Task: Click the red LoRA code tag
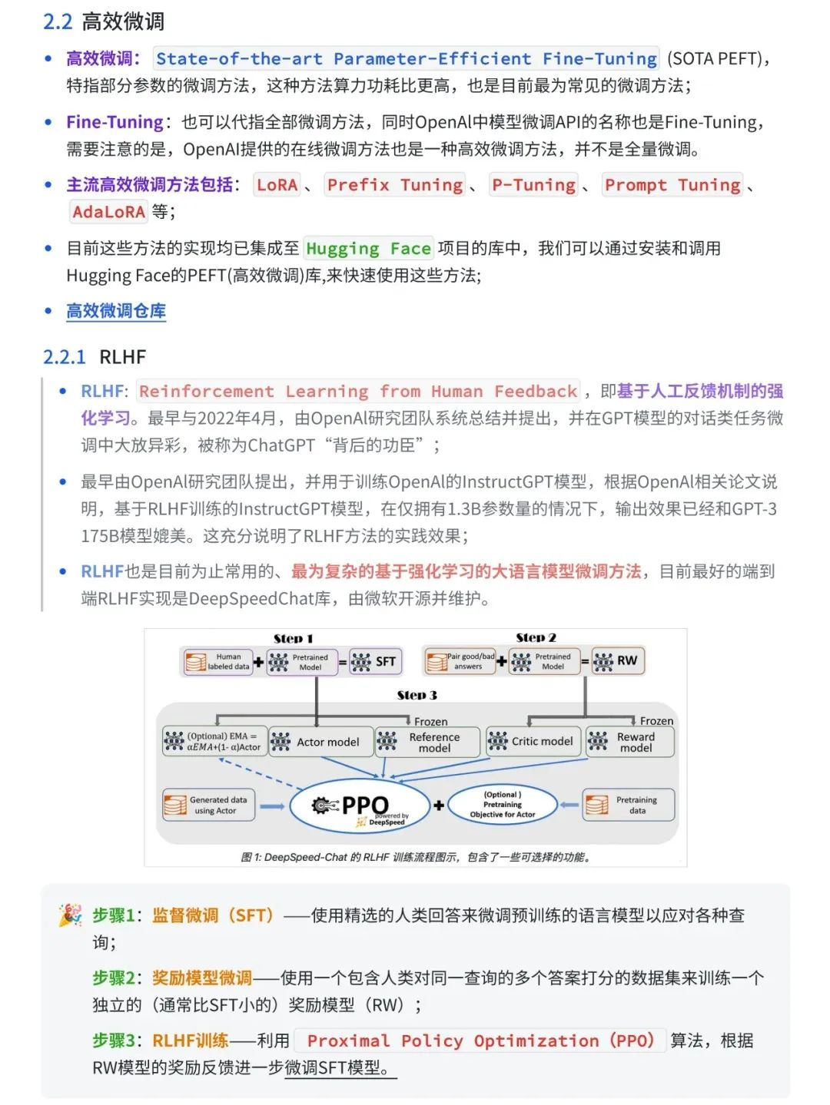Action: (277, 185)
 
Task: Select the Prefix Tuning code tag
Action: (395, 185)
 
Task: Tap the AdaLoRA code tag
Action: (108, 212)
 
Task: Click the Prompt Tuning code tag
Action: (672, 185)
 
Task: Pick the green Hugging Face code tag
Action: (368, 249)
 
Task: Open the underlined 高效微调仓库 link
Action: (116, 311)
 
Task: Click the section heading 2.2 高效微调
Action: (104, 22)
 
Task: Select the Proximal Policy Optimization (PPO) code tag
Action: (480, 1041)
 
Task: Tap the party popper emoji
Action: (71, 915)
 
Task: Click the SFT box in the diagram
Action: (375, 662)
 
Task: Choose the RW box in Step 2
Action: (617, 661)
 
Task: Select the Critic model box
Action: (533, 741)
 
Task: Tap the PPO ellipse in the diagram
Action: (360, 806)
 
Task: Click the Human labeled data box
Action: (219, 662)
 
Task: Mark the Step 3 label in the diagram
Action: (417, 695)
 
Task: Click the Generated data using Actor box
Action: (209, 805)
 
